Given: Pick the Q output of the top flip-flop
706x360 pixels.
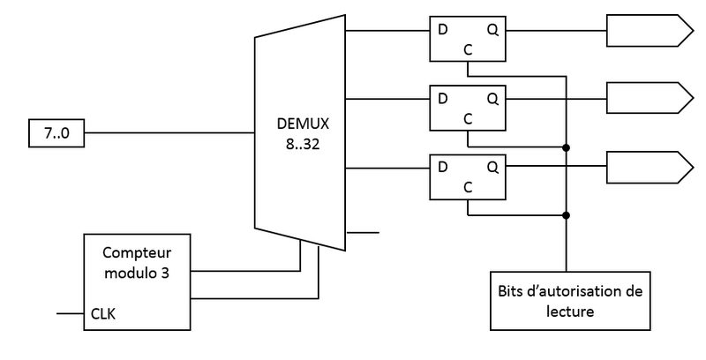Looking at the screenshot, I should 491,29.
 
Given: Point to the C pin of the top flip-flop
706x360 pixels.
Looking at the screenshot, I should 467,50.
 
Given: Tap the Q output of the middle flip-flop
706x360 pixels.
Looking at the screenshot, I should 491,97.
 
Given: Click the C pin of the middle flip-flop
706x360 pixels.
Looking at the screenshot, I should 467,118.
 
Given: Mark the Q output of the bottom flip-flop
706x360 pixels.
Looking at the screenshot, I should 491,165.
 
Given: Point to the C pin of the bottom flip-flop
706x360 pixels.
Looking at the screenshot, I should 467,186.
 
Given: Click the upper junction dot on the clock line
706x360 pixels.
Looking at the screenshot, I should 565,146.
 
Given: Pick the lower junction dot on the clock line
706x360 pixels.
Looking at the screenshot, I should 565,214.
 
